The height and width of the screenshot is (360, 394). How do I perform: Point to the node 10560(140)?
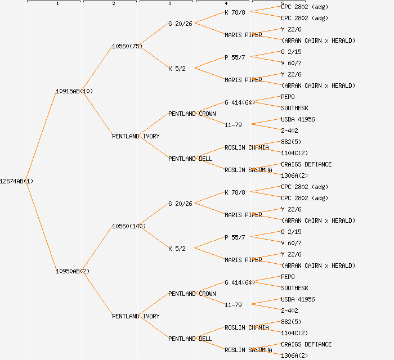coord(129,226)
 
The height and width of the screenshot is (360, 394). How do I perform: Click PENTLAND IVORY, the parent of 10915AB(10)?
coord(136,136)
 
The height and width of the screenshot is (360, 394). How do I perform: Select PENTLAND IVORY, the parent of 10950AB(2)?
coord(136,316)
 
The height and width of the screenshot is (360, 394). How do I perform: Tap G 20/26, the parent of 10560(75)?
coord(180,24)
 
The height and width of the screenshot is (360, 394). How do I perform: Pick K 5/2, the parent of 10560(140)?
coord(177,249)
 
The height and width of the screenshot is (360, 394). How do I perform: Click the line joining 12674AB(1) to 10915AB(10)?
coord(41,136)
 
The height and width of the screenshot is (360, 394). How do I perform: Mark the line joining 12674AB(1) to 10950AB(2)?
coord(41,226)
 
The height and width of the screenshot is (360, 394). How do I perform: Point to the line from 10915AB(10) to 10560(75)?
coord(97,69)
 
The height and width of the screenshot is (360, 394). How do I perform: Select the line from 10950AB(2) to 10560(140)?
coord(97,249)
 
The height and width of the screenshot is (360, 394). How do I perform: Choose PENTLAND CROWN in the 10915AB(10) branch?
coord(192,114)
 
